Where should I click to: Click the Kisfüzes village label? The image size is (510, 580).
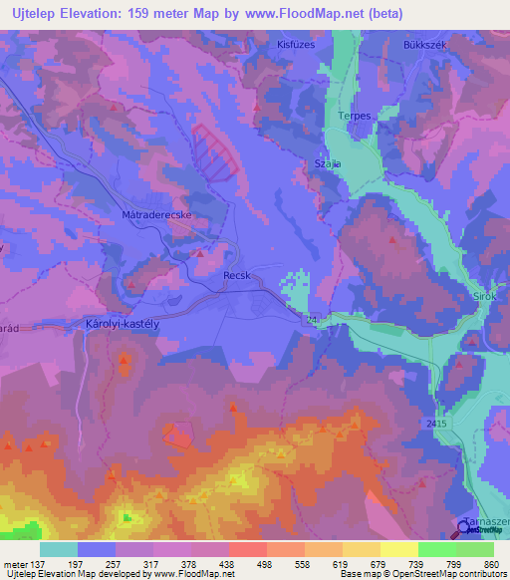(296, 46)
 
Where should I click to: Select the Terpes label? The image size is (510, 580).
(356, 116)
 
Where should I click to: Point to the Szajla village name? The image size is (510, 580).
(327, 162)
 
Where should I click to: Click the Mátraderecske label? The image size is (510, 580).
(156, 214)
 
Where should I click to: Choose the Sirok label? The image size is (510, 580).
(483, 296)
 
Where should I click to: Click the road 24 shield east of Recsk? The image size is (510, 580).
(312, 319)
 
